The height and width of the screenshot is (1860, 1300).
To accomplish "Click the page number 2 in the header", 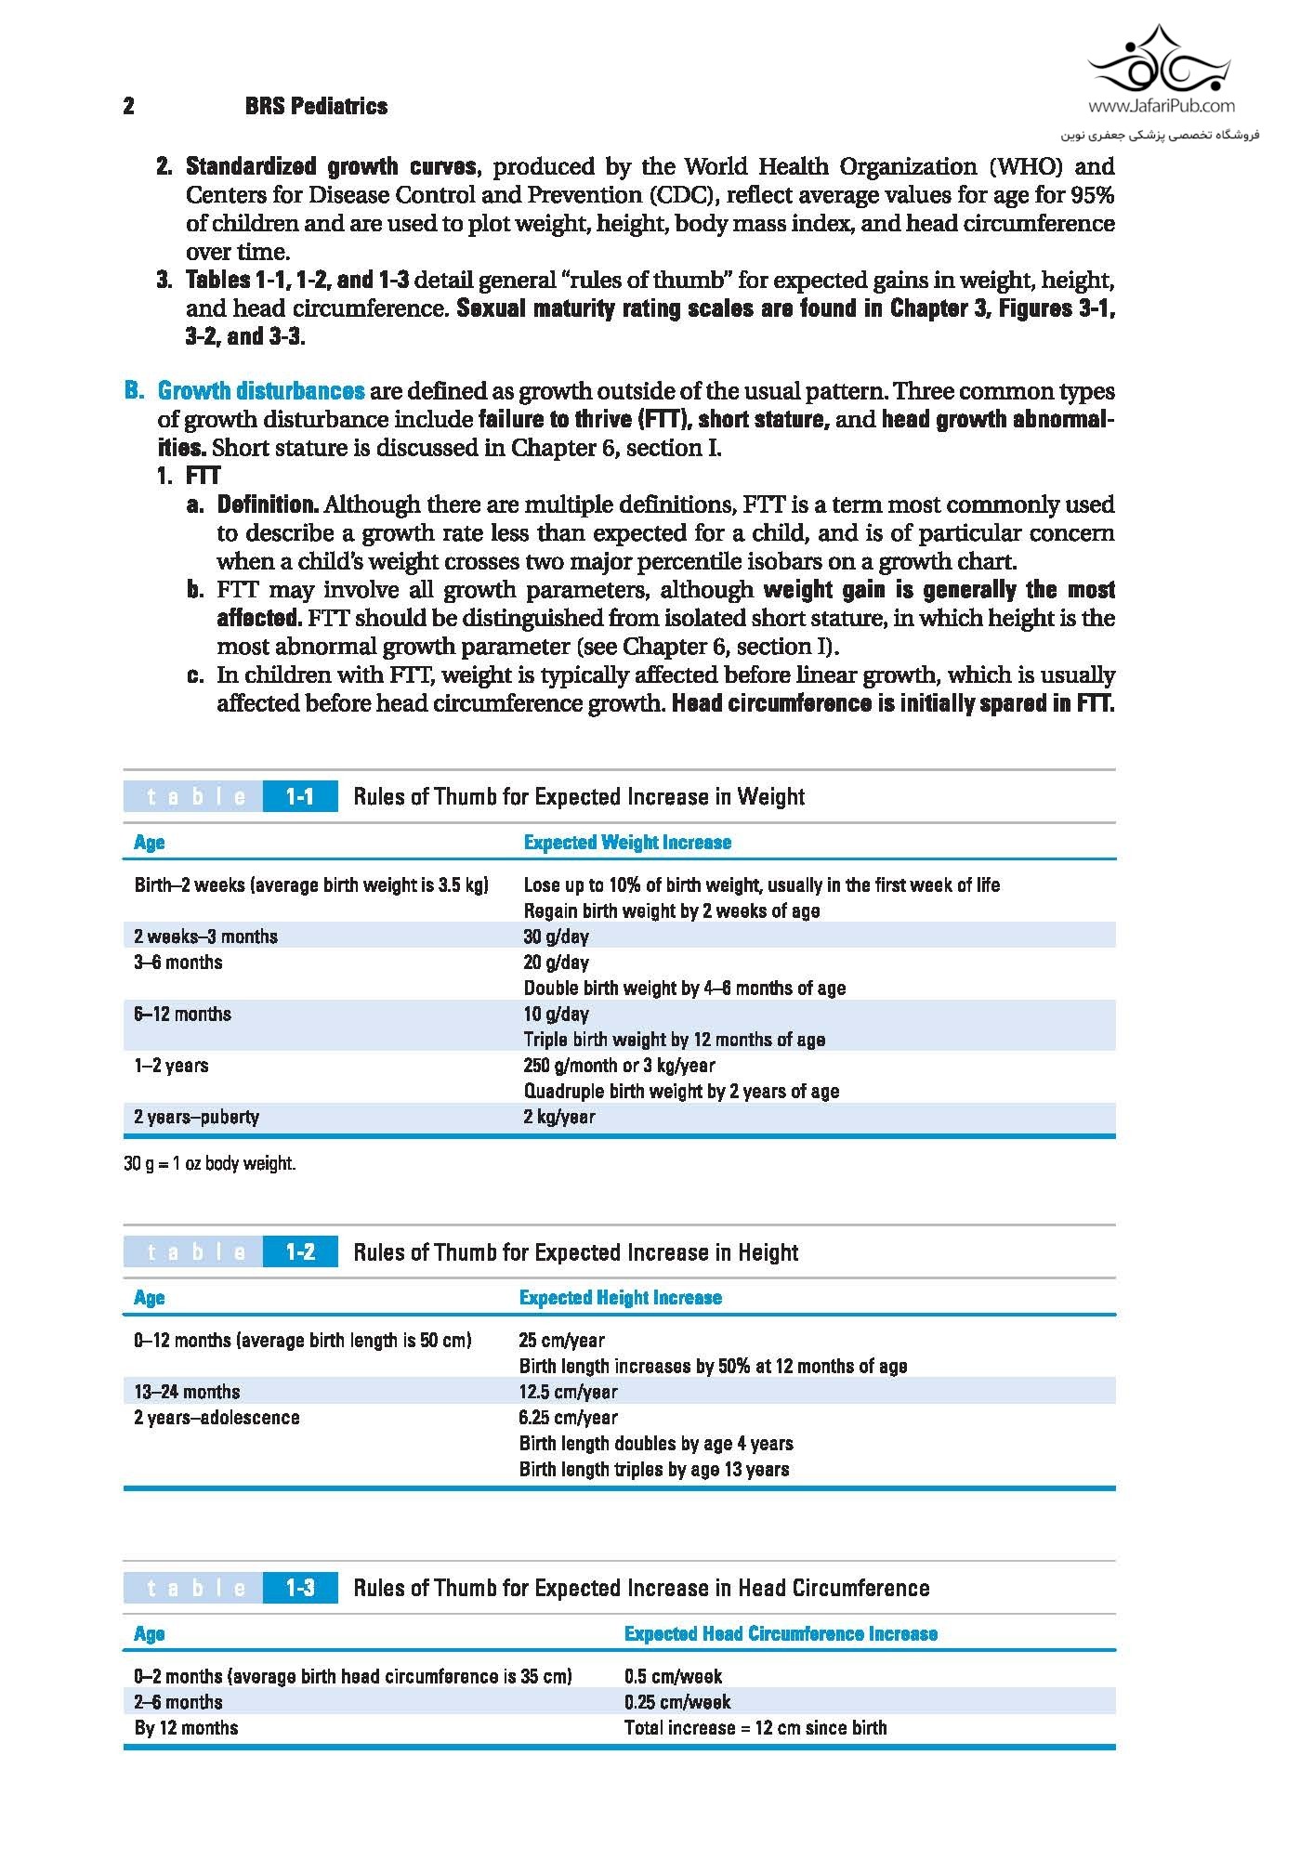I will [128, 106].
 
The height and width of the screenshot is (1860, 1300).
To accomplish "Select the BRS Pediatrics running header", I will [316, 106].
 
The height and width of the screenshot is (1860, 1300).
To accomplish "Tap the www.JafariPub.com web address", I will [1161, 106].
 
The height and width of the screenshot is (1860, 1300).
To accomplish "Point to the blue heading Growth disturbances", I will [260, 390].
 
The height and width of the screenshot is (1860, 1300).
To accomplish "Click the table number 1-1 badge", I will [299, 796].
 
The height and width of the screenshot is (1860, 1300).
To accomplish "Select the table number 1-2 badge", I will [299, 1251].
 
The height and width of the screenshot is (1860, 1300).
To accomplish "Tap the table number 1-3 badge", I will [299, 1588].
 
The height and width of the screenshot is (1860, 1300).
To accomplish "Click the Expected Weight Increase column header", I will [627, 843].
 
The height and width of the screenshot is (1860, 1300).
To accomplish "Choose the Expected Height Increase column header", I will [620, 1298].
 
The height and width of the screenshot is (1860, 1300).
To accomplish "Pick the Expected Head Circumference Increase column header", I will [781, 1634].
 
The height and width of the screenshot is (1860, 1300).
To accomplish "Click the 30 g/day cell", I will [556, 937].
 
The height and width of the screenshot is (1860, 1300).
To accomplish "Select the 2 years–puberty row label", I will [196, 1117].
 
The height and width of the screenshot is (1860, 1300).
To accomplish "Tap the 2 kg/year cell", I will [558, 1117].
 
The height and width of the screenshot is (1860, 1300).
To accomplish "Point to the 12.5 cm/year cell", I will [568, 1392].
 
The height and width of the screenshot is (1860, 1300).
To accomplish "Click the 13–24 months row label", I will [187, 1392].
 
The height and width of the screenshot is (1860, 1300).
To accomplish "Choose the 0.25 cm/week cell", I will [677, 1702].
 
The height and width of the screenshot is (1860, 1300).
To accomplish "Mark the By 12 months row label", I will [186, 1728].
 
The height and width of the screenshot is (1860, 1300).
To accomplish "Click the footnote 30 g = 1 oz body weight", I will [209, 1163].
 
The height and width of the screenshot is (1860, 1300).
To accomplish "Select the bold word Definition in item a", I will [268, 504].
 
